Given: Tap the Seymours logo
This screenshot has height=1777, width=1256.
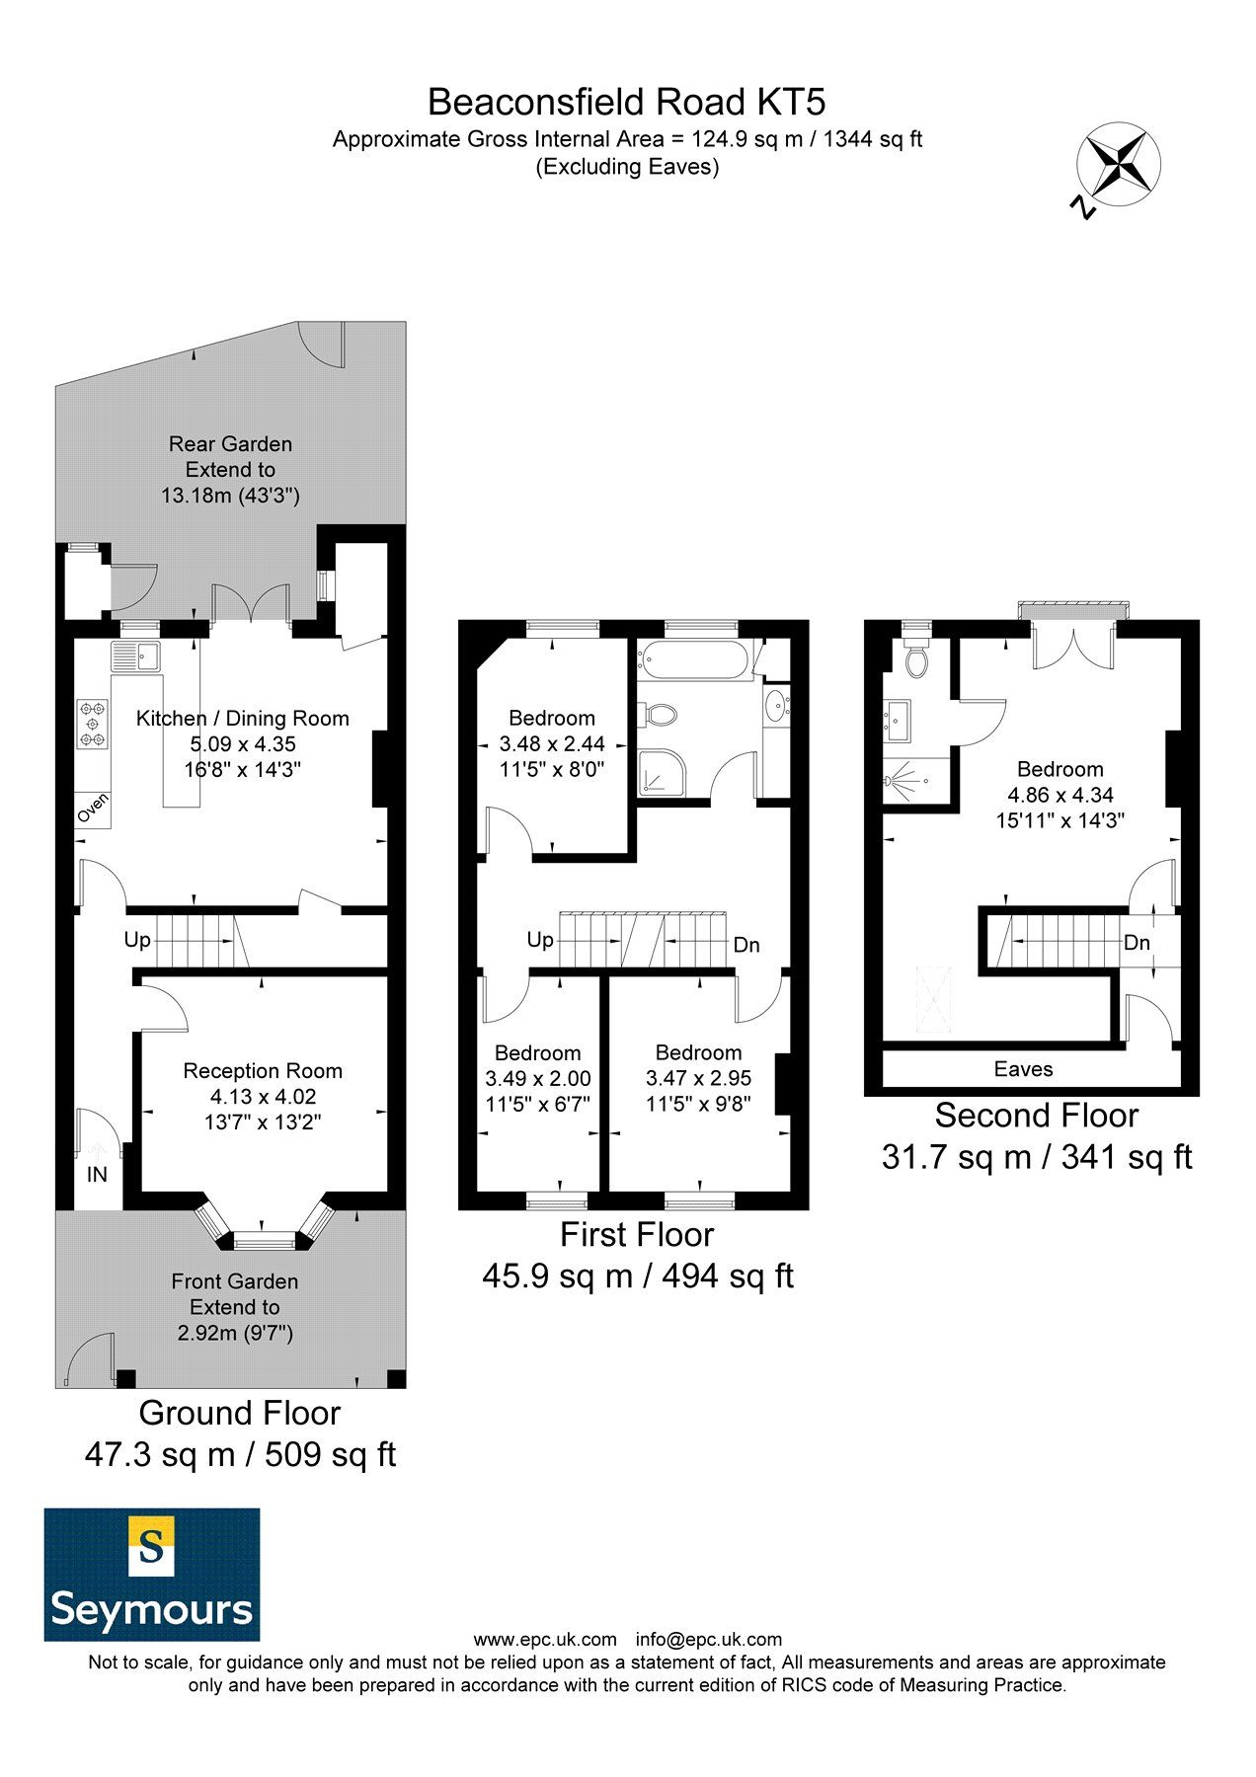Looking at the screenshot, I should pos(152,1574).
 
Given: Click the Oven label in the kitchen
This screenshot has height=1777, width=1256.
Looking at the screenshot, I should pos(93,811).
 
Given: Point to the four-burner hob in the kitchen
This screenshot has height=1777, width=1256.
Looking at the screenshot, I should pos(94,724).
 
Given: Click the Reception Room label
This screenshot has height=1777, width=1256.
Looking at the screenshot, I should pos(263,1071).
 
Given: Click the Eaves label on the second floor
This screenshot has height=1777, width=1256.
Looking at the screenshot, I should pos(1023,1069).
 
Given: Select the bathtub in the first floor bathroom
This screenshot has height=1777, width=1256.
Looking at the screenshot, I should pos(694,660).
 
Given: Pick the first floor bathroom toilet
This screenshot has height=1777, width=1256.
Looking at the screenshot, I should pos(658,713).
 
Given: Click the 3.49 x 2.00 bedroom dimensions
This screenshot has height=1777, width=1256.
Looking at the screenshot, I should pos(537,1079).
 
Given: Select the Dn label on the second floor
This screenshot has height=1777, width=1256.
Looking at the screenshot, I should pos(1137,943).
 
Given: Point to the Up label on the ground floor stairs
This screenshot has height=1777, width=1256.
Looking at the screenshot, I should pos(137,940).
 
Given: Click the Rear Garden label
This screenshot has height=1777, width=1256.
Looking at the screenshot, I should pos(230,444).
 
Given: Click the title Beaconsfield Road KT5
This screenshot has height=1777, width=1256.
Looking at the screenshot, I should pos(626,102).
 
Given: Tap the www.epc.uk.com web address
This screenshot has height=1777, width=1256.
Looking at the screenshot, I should pos(545,1640).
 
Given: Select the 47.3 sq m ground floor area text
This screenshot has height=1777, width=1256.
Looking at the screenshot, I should pos(240,1454).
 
